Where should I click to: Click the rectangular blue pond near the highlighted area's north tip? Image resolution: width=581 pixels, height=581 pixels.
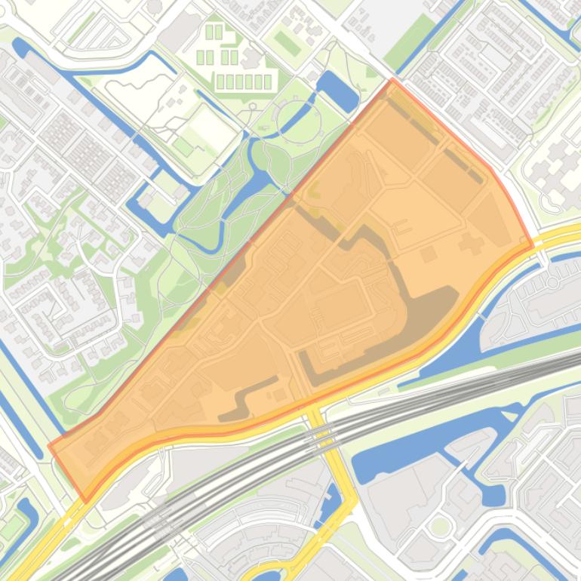[x=339, y=92]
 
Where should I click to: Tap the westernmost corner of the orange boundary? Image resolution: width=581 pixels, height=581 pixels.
[x=50, y=445]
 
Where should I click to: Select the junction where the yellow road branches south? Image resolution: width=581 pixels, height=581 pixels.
[x=311, y=408]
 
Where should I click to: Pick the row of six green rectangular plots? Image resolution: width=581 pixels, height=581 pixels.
[x=244, y=81]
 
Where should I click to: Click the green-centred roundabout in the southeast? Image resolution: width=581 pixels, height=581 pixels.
[x=439, y=526]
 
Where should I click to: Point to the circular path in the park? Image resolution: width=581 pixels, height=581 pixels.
[x=298, y=120]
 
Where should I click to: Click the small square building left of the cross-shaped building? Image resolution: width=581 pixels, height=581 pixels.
[x=429, y=254]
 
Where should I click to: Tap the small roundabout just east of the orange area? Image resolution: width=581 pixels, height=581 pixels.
[x=553, y=283]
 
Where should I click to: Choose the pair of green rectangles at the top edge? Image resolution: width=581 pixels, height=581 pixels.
[x=214, y=32]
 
